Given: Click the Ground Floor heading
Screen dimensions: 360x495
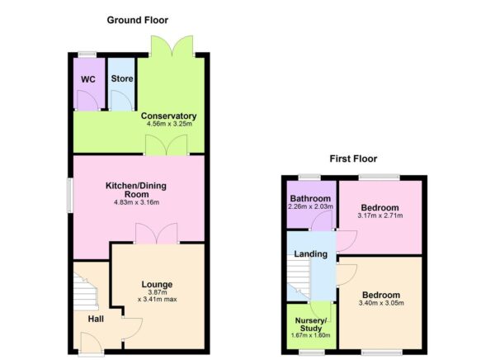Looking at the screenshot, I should [x=138, y=19].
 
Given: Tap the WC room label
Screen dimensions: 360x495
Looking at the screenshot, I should [x=87, y=80].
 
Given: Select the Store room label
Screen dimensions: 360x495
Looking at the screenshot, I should [x=122, y=79].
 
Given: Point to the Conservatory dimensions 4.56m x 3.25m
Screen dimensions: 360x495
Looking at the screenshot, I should [x=168, y=125].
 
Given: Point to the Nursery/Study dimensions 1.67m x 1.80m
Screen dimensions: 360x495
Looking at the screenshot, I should [x=310, y=336].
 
